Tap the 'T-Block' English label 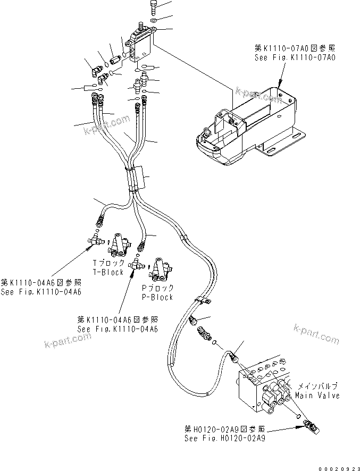pyautogui.click(x=108, y=272)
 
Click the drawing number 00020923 pyautogui.click(x=338, y=466)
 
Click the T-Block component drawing pyautogui.click(x=121, y=245)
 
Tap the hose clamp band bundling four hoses pyautogui.click(x=136, y=178)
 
